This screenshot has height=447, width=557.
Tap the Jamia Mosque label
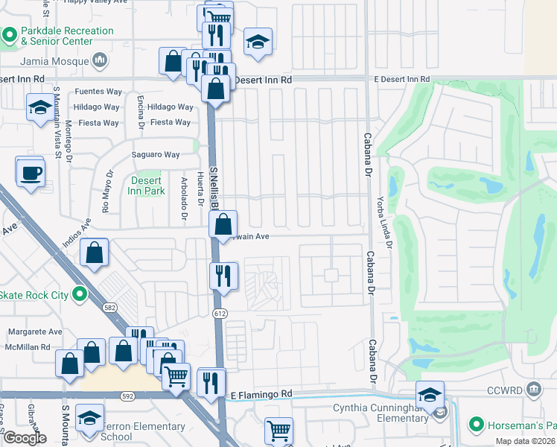pos(57,62)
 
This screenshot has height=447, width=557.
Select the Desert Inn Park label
pos(147,186)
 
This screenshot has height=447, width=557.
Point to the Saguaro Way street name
pos(156,155)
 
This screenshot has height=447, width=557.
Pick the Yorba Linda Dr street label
pos(389,215)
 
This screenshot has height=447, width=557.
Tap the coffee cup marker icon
pos(31,174)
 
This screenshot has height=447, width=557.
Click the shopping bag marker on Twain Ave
pos(223,224)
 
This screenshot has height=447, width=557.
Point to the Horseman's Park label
pos(520,425)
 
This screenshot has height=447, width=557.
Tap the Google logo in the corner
pos(25,438)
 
